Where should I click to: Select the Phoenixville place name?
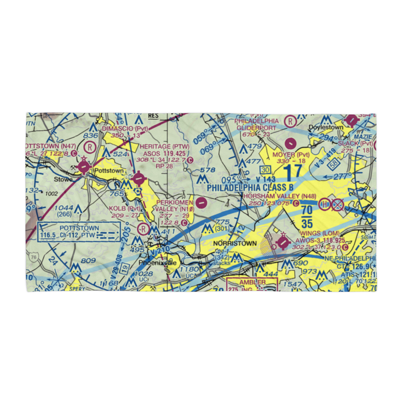pyautogui.click(x=158, y=262)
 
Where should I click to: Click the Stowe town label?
pyautogui.click(x=64, y=179)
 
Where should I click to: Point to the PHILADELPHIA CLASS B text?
pyautogui.click(x=250, y=188)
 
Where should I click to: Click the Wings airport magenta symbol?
pyautogui.click(x=283, y=243)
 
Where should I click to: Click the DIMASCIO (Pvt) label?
pyautogui.click(x=125, y=128)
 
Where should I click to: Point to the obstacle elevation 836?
pyautogui.click(x=93, y=135)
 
